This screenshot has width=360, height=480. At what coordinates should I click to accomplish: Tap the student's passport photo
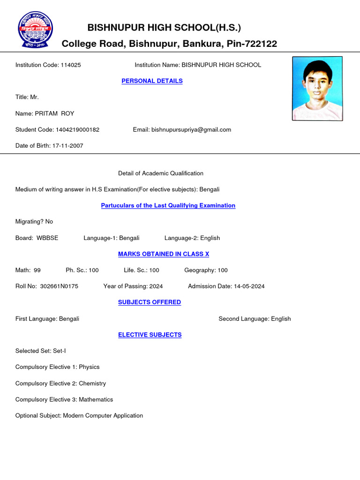[x=317, y=89]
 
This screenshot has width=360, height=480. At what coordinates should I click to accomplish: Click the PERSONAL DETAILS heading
[x=152, y=81]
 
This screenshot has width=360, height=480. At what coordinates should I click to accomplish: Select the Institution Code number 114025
[x=70, y=65]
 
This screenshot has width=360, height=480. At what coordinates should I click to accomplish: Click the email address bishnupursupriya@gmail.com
[x=191, y=130]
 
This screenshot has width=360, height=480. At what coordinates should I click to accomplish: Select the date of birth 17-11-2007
[x=68, y=146]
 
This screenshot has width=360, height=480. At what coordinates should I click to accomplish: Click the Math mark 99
[x=37, y=270]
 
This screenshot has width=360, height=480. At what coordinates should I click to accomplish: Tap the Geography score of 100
[x=222, y=270]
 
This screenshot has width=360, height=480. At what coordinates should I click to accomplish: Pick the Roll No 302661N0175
[x=59, y=286]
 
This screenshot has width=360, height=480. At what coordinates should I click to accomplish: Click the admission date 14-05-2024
[x=248, y=286]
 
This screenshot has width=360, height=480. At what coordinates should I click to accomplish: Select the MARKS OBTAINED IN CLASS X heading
[x=163, y=254]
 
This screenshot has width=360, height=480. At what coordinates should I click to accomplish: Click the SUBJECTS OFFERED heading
[x=149, y=302]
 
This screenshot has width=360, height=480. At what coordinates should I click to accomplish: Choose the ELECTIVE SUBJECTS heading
[x=150, y=335]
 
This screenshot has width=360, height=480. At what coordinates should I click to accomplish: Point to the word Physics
[x=89, y=367]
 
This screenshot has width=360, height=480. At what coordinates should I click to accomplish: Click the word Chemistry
[x=92, y=383]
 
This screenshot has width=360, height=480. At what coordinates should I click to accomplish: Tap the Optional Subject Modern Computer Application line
[x=79, y=416]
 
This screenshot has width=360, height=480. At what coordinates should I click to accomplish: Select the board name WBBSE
[x=47, y=238]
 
